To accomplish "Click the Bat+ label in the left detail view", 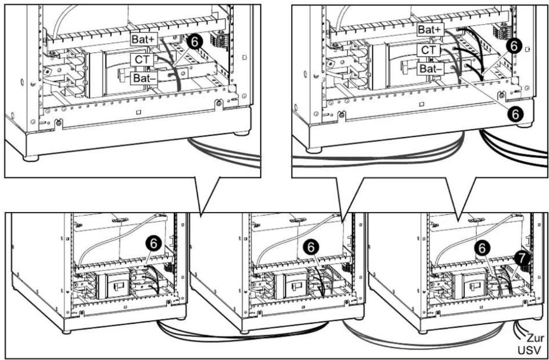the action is pos(144,39).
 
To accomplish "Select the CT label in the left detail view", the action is pos(142,60).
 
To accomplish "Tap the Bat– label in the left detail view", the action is pos(144,79).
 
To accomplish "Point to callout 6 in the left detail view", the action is pos(195,42).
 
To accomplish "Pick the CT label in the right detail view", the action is pos(428,50).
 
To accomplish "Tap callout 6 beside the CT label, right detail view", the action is pos(514,46).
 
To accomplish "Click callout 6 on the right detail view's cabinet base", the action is pos(516,114).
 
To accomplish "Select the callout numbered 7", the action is pos(522,258).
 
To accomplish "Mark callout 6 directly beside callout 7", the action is pos(482,249).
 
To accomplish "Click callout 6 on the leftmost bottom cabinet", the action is pos(153,244).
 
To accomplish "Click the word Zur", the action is pos(535,338).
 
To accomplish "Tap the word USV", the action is pos(529,351).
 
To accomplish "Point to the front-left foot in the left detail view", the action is pos(31,158).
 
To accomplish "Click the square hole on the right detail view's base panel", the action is pos(422,104).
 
